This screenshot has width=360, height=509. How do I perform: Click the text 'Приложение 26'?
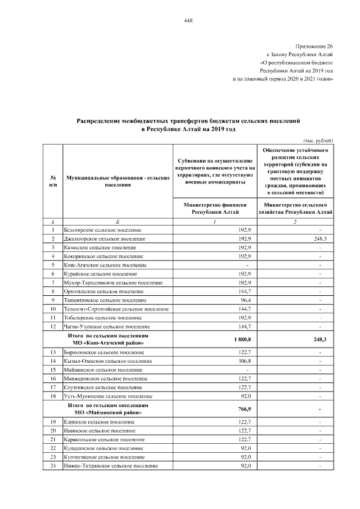click(x=314, y=45)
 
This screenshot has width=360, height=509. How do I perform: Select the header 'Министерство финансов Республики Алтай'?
click(x=215, y=209)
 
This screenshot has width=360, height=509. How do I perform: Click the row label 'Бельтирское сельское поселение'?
click(x=104, y=230)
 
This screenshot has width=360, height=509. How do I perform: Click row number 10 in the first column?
click(x=52, y=309)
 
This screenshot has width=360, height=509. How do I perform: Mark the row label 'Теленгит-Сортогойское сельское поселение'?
click(x=118, y=309)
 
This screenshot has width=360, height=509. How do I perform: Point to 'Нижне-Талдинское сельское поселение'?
click(x=111, y=466)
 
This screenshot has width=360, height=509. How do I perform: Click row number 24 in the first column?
click(x=52, y=466)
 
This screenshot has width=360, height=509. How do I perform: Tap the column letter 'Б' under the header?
click(x=117, y=222)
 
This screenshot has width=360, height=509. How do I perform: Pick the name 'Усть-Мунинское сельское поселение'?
click(x=108, y=396)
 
